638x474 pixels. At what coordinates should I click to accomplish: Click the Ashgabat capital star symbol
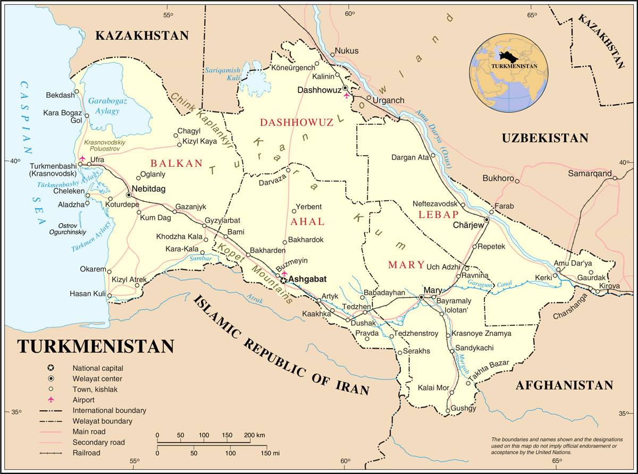point(284,280)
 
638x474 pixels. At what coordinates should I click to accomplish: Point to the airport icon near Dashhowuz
point(347,96)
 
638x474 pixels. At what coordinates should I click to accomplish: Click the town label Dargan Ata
point(409,157)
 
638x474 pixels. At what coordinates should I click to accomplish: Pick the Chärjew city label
point(468,225)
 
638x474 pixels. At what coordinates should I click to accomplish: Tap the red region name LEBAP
point(438,214)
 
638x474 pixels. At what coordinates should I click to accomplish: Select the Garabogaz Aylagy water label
point(104,106)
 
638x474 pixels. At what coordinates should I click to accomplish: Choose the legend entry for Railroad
point(86,453)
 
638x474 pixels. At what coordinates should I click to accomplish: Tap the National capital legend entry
point(98,368)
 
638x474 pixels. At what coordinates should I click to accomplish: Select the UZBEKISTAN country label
point(545,138)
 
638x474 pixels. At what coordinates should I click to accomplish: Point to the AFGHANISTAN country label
point(564,385)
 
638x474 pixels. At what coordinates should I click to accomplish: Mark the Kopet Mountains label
point(256,271)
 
